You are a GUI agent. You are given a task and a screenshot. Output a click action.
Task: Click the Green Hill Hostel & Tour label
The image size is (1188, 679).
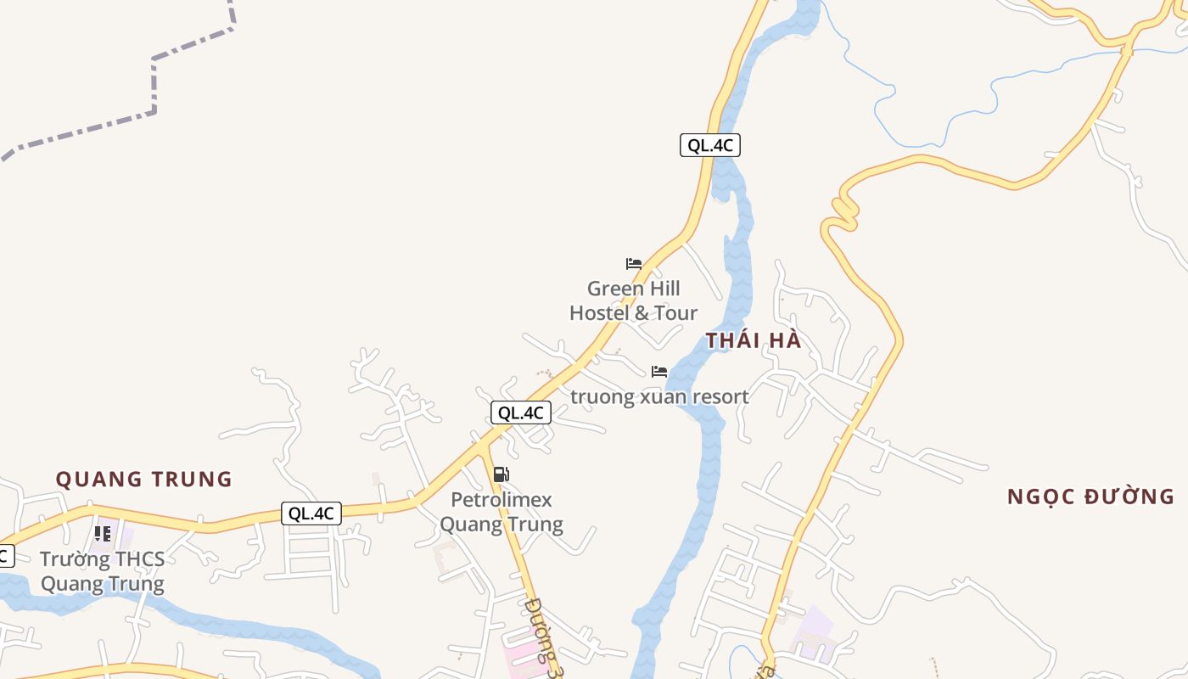633,301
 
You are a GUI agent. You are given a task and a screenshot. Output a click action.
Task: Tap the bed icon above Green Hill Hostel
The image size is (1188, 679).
634,263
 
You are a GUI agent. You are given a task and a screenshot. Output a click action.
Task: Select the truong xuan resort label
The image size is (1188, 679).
659,396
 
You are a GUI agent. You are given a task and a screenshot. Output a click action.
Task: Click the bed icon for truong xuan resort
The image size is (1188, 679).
659,372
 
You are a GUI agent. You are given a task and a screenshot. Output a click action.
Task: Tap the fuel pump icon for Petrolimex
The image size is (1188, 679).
501,474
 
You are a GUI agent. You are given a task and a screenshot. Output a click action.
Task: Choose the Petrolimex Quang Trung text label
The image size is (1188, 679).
502,512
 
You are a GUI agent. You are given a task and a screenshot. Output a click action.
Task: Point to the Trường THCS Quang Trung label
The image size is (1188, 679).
103,571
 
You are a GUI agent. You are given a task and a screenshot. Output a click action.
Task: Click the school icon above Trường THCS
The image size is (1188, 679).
103,534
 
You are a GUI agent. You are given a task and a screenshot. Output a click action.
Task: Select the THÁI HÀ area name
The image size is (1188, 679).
754,341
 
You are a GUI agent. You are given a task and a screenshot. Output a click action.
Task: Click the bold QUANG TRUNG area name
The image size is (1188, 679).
144,480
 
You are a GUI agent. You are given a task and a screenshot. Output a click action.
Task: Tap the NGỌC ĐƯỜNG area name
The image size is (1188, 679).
1090,497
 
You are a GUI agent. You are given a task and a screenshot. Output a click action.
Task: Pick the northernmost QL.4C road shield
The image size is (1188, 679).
710,145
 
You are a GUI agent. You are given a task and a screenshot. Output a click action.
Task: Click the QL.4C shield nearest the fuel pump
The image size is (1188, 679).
521,413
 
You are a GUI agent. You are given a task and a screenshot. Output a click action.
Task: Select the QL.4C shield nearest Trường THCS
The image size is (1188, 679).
311,513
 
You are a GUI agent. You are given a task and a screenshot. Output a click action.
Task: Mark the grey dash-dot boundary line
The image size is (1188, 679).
154,85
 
